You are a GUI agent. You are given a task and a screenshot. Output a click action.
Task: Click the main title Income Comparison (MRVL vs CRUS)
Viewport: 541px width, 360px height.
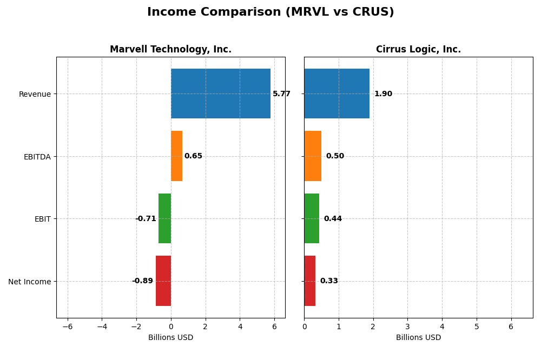click(x=270, y=12)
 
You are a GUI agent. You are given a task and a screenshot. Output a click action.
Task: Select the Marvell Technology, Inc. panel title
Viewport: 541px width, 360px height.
click(x=170, y=50)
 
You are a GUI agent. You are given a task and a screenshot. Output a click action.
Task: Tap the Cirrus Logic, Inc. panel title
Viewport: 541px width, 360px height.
click(x=418, y=50)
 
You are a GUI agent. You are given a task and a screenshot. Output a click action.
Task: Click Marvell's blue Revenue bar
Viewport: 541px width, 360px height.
click(x=221, y=94)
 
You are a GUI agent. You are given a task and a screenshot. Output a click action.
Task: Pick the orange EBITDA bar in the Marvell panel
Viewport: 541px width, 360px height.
click(x=176, y=156)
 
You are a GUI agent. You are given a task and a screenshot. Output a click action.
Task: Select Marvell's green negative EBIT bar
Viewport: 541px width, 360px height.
click(x=164, y=218)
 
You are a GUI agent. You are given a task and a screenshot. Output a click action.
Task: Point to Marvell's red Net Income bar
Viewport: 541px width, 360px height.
click(x=163, y=281)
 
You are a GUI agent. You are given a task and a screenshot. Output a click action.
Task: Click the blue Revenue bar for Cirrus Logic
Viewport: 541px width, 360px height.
click(x=337, y=94)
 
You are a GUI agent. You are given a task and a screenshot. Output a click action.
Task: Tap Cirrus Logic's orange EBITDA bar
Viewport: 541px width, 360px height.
click(x=313, y=156)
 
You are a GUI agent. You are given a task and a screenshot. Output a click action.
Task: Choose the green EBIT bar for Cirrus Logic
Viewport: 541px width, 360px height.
click(x=312, y=218)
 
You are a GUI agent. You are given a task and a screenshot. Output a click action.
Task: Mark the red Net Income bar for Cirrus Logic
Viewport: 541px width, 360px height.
click(x=309, y=281)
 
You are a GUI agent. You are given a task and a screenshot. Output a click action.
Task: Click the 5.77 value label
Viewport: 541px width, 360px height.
click(x=281, y=94)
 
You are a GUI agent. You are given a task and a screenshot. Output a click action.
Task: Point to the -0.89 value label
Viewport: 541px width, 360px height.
click(x=143, y=281)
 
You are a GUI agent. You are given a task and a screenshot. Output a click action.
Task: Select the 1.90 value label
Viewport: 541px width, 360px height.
click(x=383, y=94)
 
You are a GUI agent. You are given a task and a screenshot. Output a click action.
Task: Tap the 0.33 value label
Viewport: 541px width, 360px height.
click(x=329, y=281)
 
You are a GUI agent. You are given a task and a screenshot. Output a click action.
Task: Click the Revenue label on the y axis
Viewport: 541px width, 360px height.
click(x=35, y=95)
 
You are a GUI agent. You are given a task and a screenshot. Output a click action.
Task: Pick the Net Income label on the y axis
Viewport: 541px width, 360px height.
click(x=30, y=282)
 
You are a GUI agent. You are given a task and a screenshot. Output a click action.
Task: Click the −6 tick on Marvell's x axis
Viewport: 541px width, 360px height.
click(x=67, y=326)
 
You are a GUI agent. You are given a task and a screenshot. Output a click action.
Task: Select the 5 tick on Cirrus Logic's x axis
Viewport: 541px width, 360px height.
click(x=477, y=326)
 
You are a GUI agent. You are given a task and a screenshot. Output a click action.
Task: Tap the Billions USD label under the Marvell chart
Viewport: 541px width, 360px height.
click(x=170, y=338)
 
